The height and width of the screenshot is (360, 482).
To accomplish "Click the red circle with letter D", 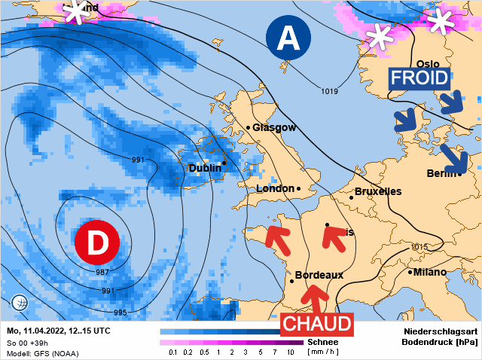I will click(x=97, y=242).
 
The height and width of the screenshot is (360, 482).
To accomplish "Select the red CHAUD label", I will click(x=317, y=324).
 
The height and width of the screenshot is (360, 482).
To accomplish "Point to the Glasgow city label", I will click(x=274, y=127).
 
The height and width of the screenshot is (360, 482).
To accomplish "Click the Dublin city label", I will click(x=205, y=168).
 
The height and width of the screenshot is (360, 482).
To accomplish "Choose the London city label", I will click(x=276, y=188).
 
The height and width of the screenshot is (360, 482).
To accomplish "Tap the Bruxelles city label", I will click(x=377, y=191).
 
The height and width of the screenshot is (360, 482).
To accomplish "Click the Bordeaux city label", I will click(x=319, y=275).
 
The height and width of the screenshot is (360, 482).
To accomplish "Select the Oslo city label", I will click(x=427, y=64).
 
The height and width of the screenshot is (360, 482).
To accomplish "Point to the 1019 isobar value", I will click(x=329, y=91).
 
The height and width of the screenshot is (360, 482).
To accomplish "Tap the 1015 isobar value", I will click(x=420, y=247).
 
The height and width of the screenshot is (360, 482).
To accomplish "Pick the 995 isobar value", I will click(x=120, y=313).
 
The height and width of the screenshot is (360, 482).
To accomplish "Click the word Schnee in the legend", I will click(x=322, y=342).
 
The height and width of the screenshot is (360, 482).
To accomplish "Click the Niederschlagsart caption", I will click(x=441, y=331).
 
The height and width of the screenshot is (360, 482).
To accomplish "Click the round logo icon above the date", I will click(x=20, y=304).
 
